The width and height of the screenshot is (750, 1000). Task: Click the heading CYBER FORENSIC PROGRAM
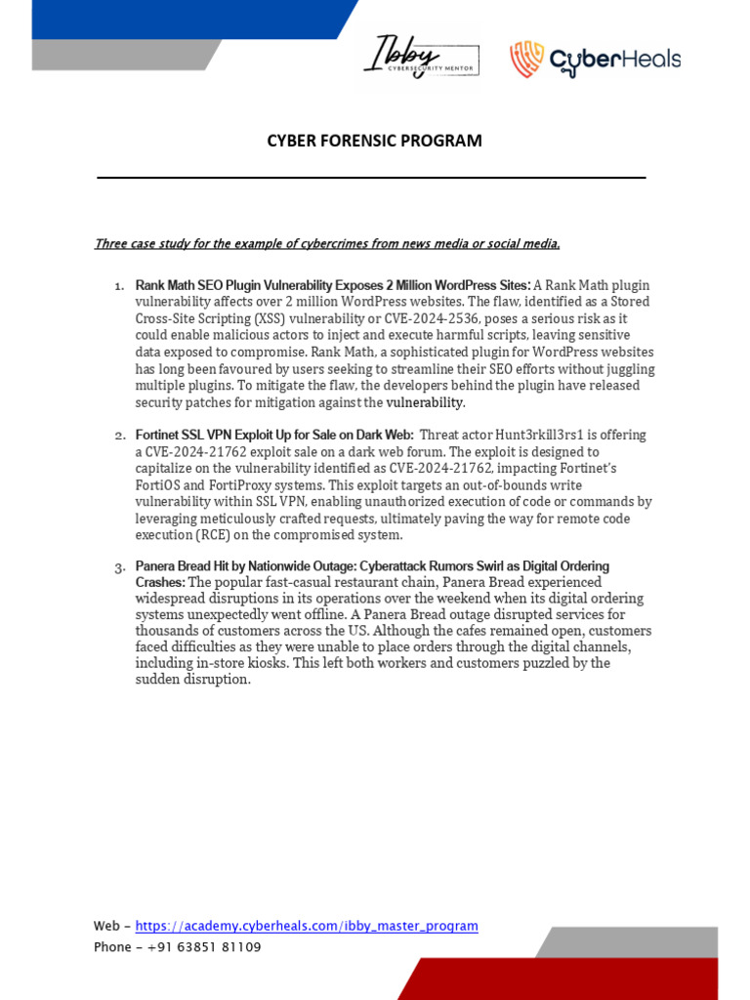(x=375, y=141)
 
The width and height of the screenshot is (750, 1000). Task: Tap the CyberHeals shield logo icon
(x=525, y=60)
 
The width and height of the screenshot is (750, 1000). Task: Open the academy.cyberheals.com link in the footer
(x=307, y=926)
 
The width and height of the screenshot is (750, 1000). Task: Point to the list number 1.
(x=118, y=285)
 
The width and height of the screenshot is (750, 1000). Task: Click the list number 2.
(x=119, y=436)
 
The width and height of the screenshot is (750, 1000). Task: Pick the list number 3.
(x=119, y=567)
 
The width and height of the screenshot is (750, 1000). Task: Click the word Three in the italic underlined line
(x=111, y=243)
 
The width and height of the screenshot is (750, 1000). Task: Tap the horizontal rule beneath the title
(x=371, y=178)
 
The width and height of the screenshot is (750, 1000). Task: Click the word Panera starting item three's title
(x=157, y=566)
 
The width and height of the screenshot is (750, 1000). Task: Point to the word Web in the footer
(x=106, y=926)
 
